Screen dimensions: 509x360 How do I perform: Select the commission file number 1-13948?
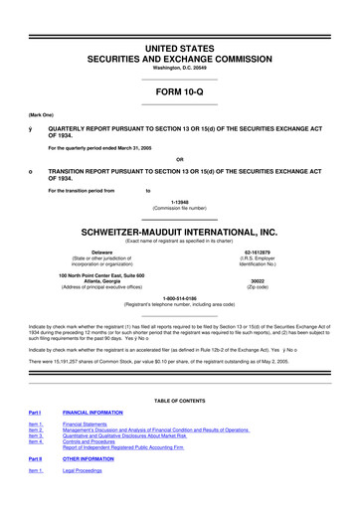179,195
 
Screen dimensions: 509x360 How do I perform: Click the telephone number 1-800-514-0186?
179,297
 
